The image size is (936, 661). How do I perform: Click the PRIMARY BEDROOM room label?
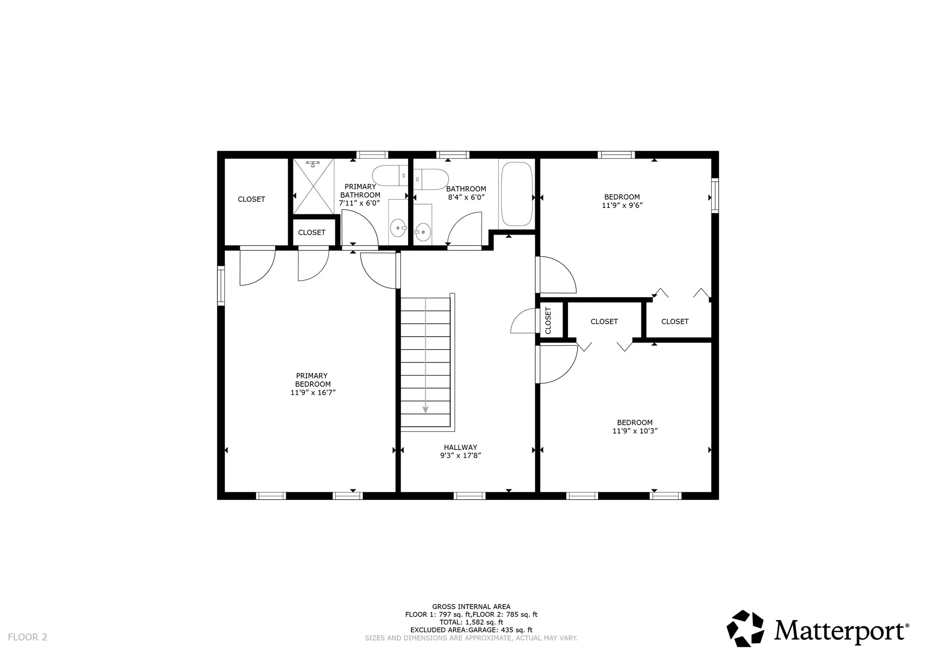click(x=312, y=380)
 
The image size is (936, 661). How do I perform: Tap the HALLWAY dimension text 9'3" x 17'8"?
click(x=460, y=456)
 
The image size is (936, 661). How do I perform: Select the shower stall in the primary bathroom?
click(x=313, y=186)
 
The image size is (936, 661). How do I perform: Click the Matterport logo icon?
click(x=745, y=628)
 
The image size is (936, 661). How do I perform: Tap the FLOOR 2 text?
click(x=27, y=637)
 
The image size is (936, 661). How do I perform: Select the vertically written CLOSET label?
click(x=548, y=320)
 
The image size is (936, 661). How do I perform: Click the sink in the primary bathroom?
click(x=398, y=227)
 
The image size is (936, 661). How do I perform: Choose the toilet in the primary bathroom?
click(x=390, y=175)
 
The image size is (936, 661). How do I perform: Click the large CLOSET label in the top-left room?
click(x=251, y=199)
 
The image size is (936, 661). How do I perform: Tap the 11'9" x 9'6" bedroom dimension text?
click(x=622, y=206)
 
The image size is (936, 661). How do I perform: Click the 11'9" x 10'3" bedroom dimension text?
click(x=635, y=431)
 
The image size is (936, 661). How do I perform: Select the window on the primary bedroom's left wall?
click(x=221, y=285)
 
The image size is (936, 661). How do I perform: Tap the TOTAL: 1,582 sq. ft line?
click(x=471, y=622)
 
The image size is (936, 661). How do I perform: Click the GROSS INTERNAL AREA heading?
click(x=471, y=606)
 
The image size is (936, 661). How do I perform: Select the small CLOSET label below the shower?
click(x=312, y=232)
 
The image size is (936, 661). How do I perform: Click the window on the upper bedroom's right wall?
click(x=715, y=196)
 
